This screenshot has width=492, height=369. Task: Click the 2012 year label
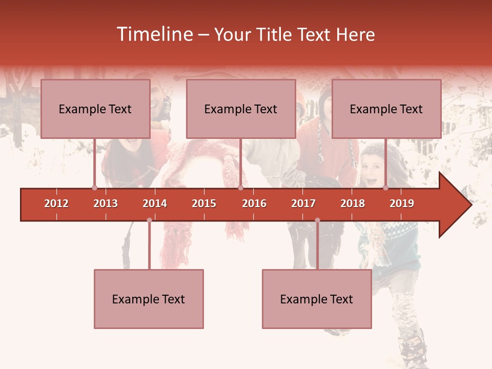tap(56, 203)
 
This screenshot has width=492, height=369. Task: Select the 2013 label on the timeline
tap(106, 203)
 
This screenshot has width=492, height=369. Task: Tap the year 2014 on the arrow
tap(155, 203)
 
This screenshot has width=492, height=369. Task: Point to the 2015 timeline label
tap(204, 203)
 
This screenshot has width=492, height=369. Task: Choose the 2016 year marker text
tap(254, 203)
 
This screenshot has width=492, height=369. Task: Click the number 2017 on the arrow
tap(303, 203)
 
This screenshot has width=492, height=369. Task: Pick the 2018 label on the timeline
tap(353, 203)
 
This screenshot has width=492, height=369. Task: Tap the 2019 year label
tap(402, 203)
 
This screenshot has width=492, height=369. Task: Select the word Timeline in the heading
tap(154, 34)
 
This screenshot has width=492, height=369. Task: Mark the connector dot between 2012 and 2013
tap(94, 188)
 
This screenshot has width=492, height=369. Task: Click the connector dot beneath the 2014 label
tap(149, 220)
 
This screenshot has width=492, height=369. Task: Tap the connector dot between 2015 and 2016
tap(240, 188)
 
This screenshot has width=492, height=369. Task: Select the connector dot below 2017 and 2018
tap(317, 220)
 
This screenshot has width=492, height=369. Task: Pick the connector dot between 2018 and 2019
tap(385, 188)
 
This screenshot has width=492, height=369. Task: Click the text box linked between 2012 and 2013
tap(95, 109)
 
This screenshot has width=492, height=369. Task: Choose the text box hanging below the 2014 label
tap(149, 299)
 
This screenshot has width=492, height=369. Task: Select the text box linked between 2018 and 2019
tap(386, 109)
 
